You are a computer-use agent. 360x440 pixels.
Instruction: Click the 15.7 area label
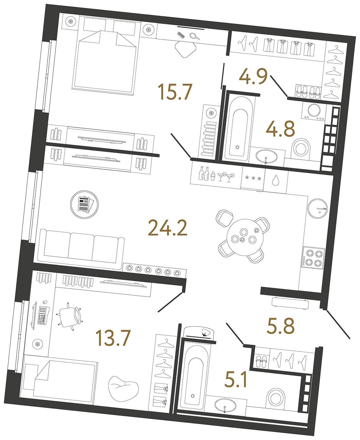click(175, 91)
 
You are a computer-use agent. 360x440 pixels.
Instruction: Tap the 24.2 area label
click(167, 228)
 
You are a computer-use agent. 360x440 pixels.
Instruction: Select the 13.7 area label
click(113, 338)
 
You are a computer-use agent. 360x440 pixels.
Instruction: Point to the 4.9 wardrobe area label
click(253, 77)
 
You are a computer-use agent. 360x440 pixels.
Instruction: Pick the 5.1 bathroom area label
click(236, 380)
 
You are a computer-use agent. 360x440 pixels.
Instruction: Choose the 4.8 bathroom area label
click(280, 129)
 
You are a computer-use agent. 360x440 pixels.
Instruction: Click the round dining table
click(245, 237)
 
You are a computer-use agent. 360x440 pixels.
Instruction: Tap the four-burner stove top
click(313, 258)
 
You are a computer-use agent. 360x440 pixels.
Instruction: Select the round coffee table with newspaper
click(84, 205)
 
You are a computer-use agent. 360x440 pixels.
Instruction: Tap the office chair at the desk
click(70, 317)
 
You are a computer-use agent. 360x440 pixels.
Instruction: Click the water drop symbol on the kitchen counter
click(275, 180)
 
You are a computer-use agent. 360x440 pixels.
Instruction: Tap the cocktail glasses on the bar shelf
click(226, 177)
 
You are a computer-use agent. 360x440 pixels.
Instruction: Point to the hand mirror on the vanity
click(195, 36)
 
